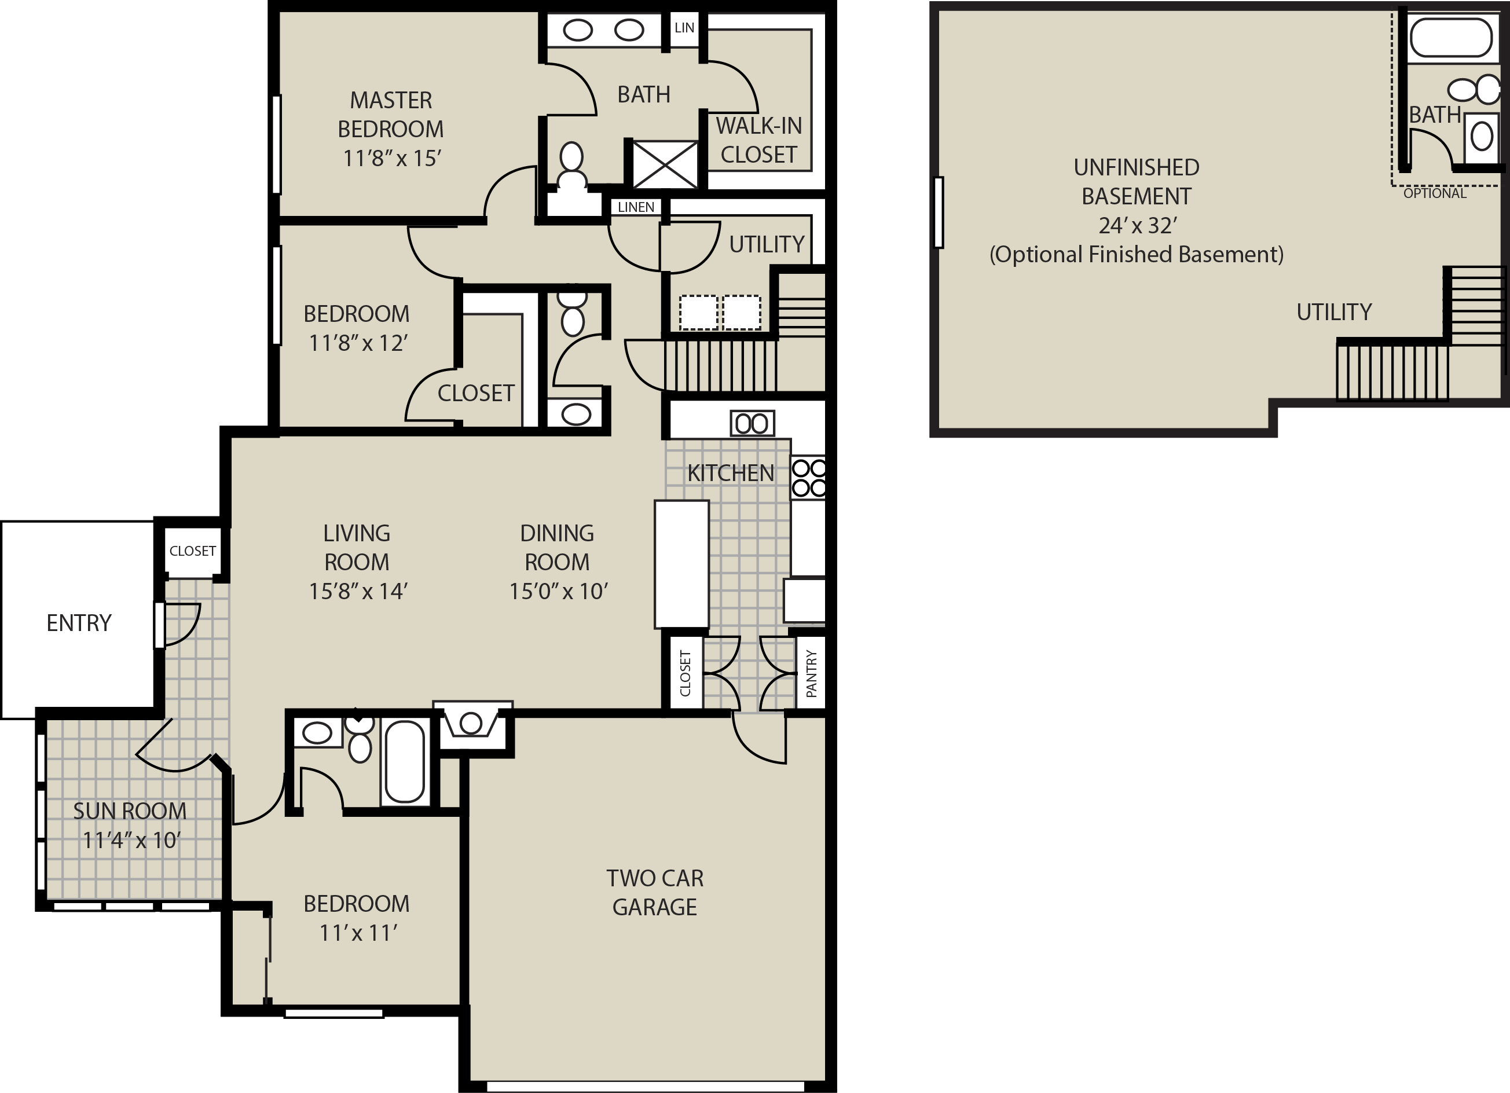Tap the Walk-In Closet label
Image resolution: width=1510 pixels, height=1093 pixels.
[759, 140]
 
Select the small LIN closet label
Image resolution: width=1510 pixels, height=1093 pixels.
[684, 28]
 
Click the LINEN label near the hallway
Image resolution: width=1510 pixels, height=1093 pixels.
[636, 207]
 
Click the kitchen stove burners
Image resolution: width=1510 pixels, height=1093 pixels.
[809, 478]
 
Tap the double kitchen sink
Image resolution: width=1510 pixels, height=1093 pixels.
[752, 423]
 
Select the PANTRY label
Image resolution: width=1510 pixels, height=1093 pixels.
[811, 674]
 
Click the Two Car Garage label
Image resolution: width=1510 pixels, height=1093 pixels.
[654, 893]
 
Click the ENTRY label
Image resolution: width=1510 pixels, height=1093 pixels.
[79, 623]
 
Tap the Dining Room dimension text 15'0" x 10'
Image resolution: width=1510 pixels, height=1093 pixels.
[559, 591]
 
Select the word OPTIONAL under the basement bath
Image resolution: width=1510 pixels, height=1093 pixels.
[1435, 193]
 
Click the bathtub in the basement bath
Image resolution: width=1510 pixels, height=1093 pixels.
[1451, 37]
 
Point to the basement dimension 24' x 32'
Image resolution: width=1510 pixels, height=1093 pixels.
[1138, 226]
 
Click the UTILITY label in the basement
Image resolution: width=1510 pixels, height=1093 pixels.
[1333, 311]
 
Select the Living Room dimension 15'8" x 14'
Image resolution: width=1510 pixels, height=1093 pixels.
[358, 591]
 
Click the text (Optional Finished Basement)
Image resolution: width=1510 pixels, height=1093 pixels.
[1137, 254]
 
